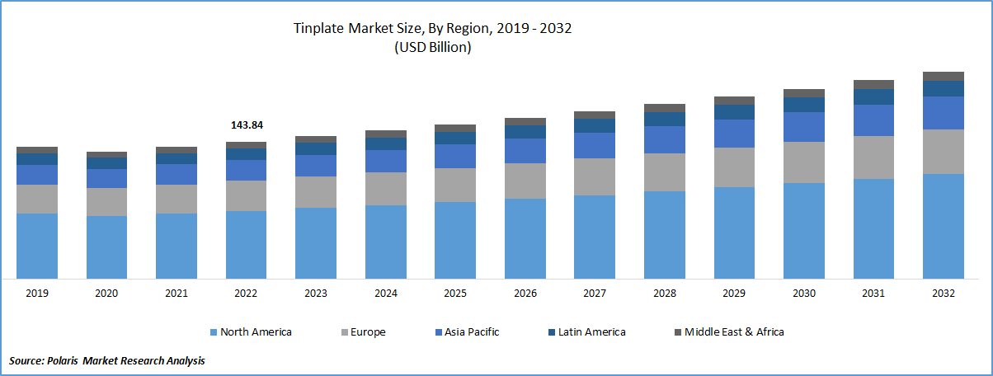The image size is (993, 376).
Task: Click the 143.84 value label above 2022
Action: [246, 125]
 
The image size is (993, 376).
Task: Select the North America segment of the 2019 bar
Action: [37, 246]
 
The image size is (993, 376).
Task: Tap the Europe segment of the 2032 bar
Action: [944, 152]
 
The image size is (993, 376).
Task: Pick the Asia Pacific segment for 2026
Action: [525, 151]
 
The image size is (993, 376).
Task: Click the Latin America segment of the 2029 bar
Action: [734, 112]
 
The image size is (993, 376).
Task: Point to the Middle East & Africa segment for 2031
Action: [873, 84]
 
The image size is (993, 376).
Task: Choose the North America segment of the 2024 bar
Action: [386, 242]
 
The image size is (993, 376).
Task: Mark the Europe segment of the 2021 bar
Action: [176, 199]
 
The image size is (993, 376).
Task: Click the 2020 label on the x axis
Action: [106, 294]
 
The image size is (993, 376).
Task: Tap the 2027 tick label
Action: [595, 294]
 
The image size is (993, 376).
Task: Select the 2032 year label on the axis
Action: [944, 294]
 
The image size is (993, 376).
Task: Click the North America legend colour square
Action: [214, 332]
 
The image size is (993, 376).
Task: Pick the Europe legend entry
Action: [366, 332]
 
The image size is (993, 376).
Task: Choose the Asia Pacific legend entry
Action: [469, 332]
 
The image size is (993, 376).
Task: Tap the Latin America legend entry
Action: [589, 332]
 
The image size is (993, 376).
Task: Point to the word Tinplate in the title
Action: [318, 29]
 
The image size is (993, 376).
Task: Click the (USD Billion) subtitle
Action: [431, 48]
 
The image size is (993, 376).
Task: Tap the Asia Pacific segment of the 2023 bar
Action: [316, 166]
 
